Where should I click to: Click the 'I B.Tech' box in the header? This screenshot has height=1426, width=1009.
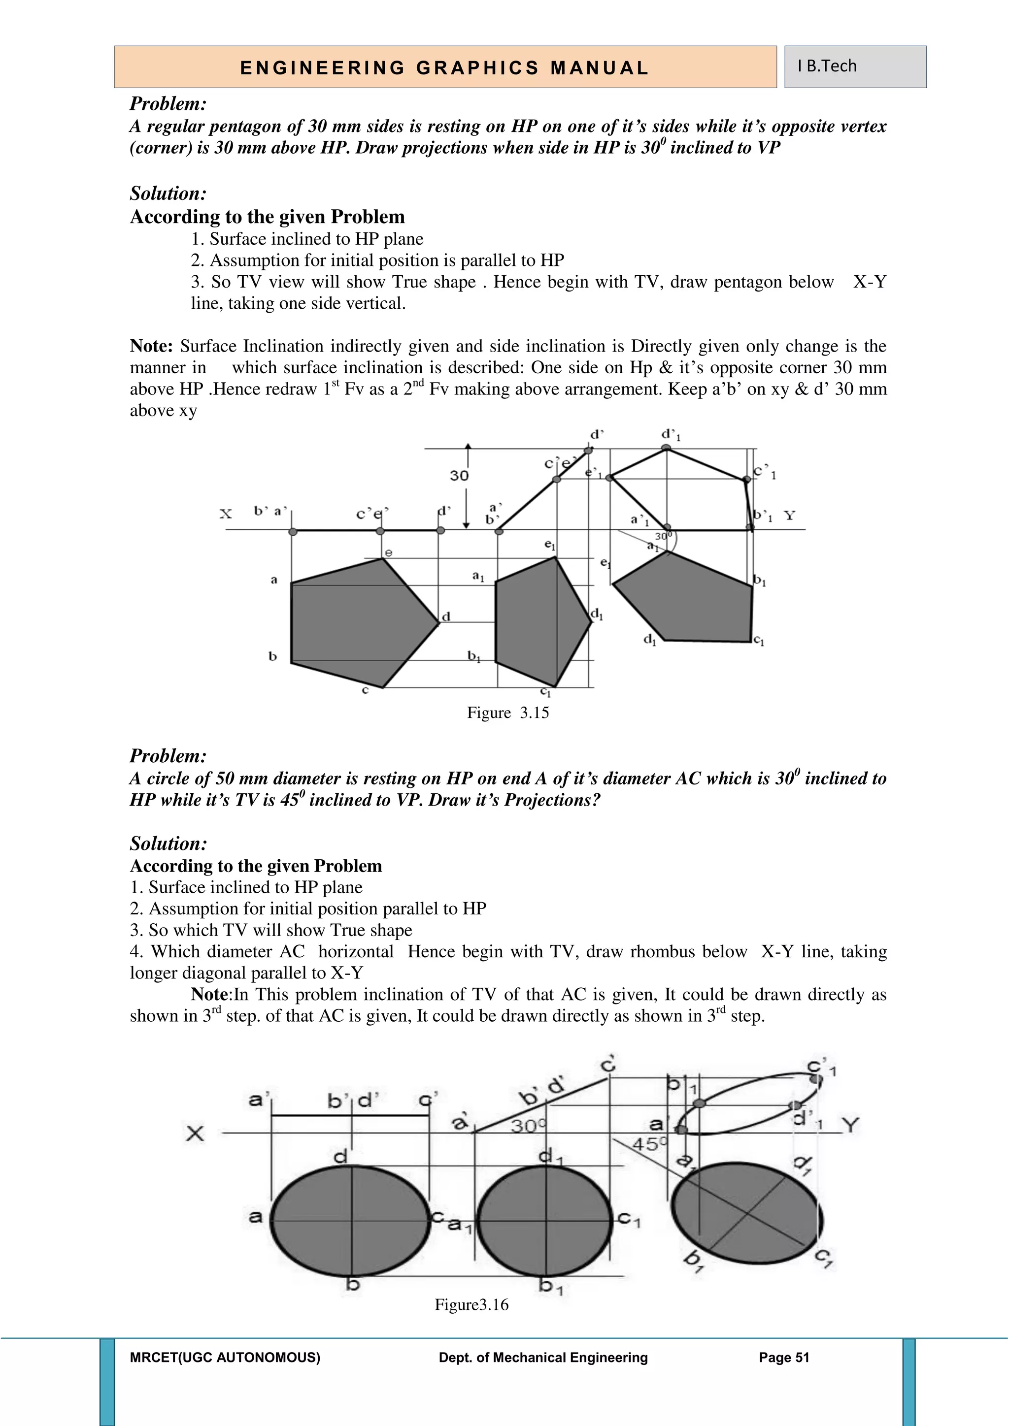(854, 66)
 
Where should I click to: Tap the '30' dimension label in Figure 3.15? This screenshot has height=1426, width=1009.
(459, 476)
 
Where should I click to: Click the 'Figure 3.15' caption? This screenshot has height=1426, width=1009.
(507, 713)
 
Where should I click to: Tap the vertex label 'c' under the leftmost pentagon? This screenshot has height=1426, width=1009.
(366, 690)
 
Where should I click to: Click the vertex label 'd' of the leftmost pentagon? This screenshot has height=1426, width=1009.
(445, 616)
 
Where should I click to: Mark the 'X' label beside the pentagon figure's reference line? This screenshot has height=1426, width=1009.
(226, 514)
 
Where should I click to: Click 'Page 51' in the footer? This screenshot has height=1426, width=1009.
(784, 1358)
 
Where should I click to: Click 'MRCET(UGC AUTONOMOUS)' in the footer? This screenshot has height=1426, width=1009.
(225, 1358)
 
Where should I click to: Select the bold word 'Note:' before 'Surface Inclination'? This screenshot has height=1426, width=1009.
(151, 346)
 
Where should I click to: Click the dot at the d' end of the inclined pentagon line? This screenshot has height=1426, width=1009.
(588, 451)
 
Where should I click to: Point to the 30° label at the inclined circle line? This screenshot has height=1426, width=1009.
(528, 1126)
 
